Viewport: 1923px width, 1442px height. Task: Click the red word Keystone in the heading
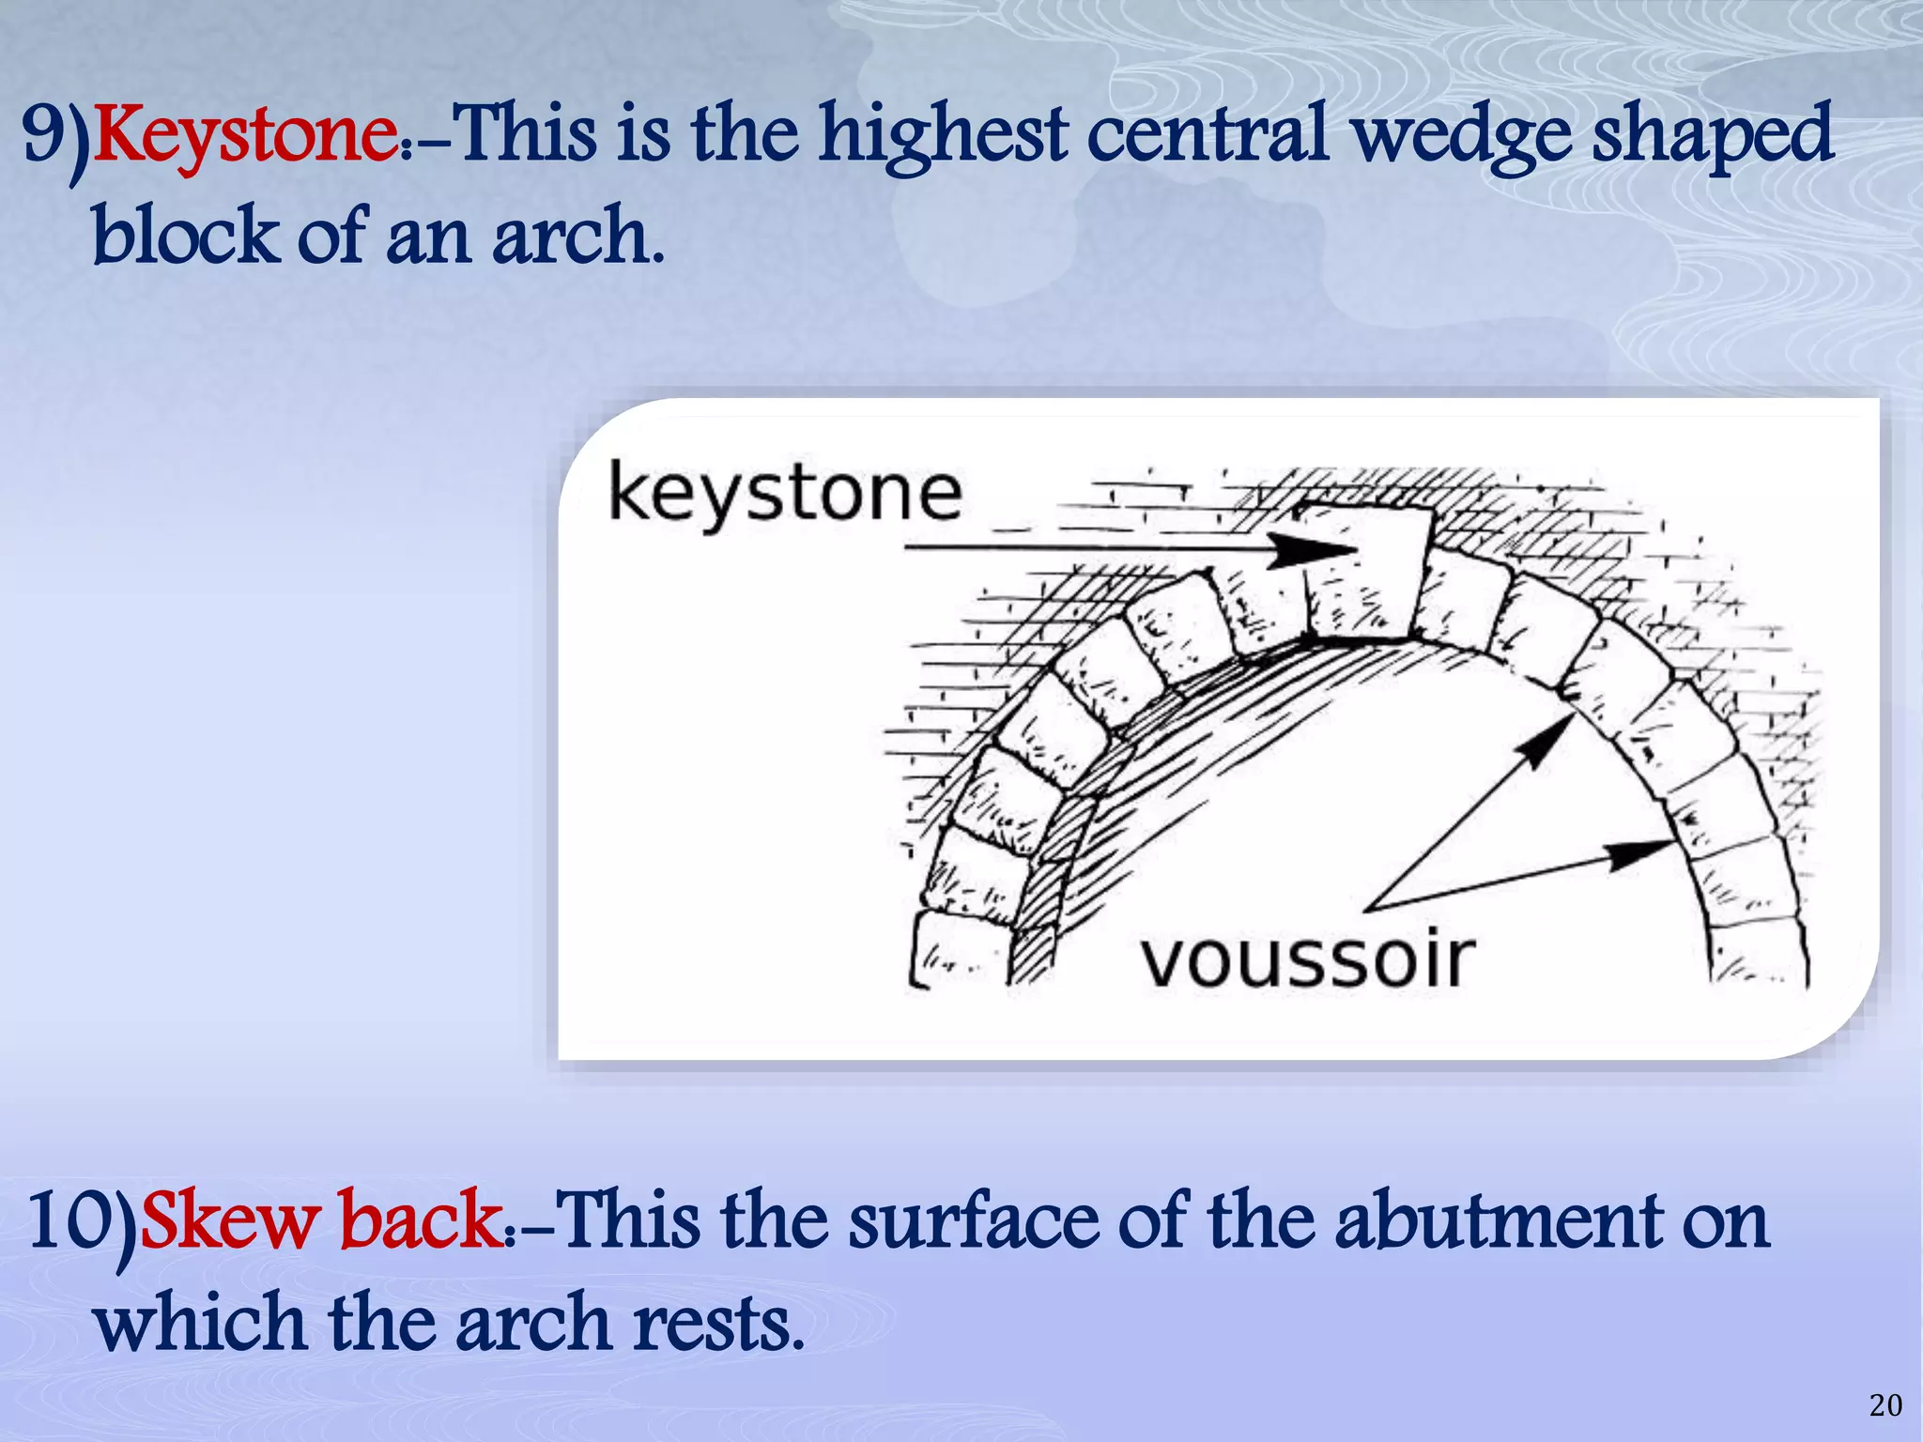[246, 136]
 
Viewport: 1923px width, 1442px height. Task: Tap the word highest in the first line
[943, 136]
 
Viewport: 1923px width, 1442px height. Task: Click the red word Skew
[229, 1220]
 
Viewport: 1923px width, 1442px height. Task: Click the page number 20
[1885, 1404]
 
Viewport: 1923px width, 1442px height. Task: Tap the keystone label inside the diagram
[785, 492]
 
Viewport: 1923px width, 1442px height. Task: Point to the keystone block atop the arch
[1366, 573]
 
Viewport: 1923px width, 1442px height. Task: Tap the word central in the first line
[1208, 136]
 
